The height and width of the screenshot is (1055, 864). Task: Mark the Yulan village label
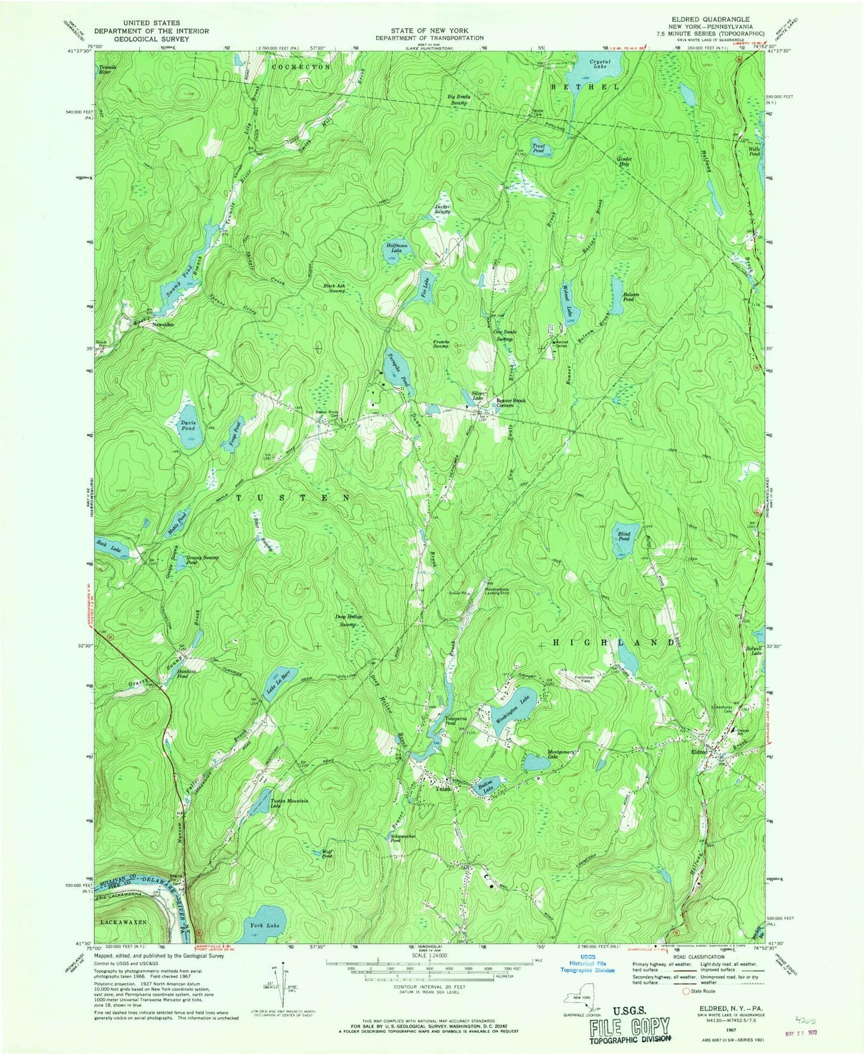[443, 788]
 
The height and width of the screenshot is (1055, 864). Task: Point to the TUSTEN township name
[292, 497]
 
